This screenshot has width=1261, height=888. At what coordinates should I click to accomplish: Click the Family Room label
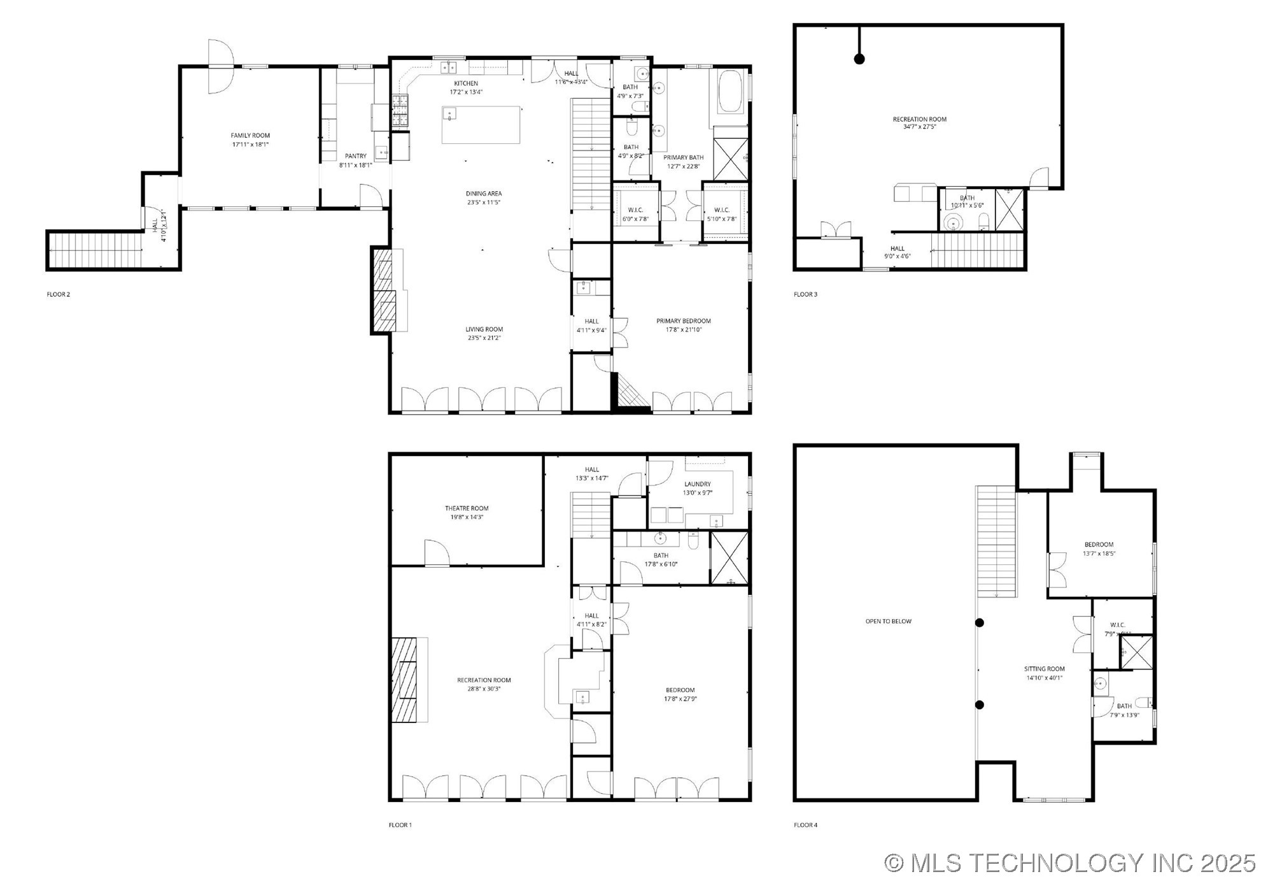pyautogui.click(x=250, y=136)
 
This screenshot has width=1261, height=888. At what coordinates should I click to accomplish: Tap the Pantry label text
pyautogui.click(x=355, y=156)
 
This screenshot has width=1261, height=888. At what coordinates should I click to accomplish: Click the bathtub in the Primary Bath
pyautogui.click(x=730, y=92)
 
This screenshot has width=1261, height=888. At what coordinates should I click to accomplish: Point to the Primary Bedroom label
pyautogui.click(x=683, y=321)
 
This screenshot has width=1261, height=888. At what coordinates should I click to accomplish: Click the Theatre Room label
pyautogui.click(x=467, y=508)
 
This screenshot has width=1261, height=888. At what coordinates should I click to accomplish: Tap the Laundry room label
pyautogui.click(x=697, y=484)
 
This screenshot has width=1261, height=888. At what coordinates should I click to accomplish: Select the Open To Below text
pyautogui.click(x=888, y=621)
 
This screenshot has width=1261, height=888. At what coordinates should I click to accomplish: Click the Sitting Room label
pyautogui.click(x=1044, y=669)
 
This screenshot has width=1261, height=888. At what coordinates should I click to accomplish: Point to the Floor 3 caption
pyautogui.click(x=805, y=294)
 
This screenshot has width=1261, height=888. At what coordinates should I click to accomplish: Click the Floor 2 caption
pyautogui.click(x=59, y=294)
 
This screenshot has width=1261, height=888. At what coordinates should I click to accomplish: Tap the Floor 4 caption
pyautogui.click(x=805, y=825)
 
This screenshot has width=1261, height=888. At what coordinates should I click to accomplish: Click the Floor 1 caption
pyautogui.click(x=400, y=825)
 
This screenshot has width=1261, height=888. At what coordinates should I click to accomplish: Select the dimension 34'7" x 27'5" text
pyautogui.click(x=919, y=127)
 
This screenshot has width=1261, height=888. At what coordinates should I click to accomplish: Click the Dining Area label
pyautogui.click(x=484, y=194)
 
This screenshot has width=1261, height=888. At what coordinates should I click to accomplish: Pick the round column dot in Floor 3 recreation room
pyautogui.click(x=859, y=59)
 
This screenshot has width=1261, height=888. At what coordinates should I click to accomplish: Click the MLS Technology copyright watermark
pyautogui.click(x=1070, y=863)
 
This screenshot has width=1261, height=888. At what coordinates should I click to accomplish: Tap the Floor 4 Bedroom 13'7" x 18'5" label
pyautogui.click(x=1099, y=549)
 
